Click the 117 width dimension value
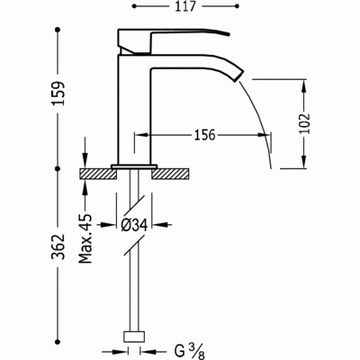[x=186, y=13]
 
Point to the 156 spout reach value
[x=205, y=135]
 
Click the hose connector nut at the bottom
[x=135, y=341]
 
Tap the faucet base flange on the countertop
[x=135, y=165]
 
